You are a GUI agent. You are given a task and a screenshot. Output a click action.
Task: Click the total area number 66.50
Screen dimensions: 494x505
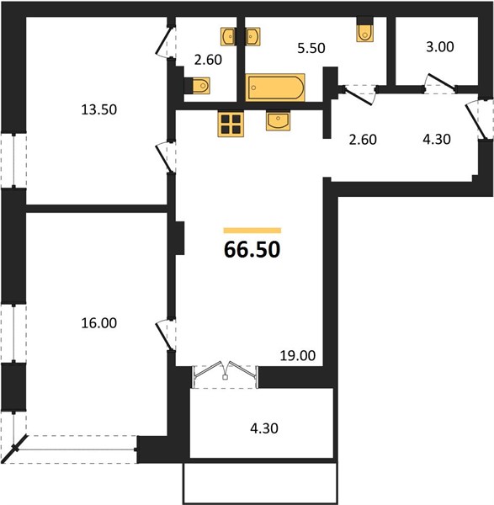point(252,250)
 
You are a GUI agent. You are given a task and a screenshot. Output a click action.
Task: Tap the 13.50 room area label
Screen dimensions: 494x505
point(98,109)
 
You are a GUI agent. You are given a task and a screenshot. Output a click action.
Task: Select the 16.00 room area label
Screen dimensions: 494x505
point(98,323)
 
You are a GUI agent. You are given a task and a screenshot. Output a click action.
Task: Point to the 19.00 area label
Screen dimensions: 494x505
point(298,356)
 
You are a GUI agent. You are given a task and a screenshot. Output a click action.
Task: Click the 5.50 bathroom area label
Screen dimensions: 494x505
point(311,48)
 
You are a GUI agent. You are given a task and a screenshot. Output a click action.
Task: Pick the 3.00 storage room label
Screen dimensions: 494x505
point(440,47)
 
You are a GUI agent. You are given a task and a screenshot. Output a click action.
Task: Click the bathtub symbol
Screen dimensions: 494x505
point(275,88)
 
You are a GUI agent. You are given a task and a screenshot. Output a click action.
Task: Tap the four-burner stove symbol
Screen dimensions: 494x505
point(231,125)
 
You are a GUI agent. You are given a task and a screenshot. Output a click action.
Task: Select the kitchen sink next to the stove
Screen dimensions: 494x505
point(278,120)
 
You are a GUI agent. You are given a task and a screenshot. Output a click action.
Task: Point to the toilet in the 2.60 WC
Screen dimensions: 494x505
point(197,86)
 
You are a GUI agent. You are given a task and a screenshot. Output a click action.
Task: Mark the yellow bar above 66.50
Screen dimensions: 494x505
point(252,231)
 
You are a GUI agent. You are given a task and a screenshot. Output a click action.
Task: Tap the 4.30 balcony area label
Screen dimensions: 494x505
point(264,428)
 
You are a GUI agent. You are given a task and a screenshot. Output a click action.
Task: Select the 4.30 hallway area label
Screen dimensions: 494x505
point(437,139)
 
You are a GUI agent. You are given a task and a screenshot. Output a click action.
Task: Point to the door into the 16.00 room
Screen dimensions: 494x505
point(166,335)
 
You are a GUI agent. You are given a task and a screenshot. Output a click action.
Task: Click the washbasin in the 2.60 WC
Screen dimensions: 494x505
point(228,36)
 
